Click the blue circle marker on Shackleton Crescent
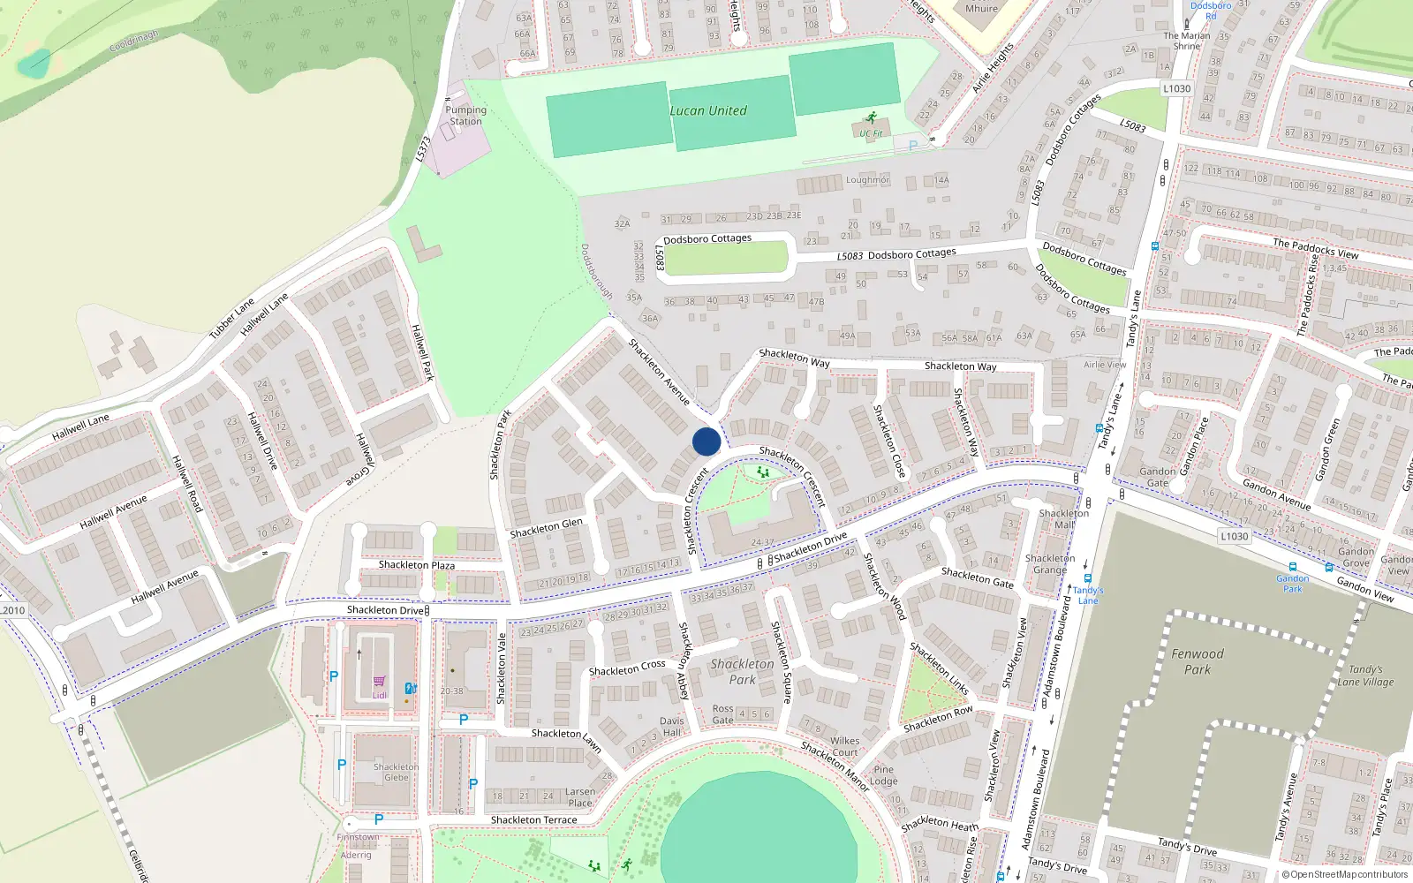tap(706, 441)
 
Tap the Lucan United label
tap(707, 110)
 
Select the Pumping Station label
tap(465, 116)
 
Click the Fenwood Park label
tap(1197, 661)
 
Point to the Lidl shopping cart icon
tap(379, 681)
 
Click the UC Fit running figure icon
tap(872, 118)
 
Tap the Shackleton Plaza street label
tap(417, 565)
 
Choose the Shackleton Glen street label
tap(546, 528)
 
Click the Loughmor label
tap(867, 180)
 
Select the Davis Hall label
tap(671, 726)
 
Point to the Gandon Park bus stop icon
tap(1293, 567)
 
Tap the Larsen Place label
tap(580, 796)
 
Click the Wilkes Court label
tap(844, 746)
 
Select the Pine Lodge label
tap(883, 774)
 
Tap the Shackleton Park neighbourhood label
tap(742, 671)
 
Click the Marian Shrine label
tap(1186, 41)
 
